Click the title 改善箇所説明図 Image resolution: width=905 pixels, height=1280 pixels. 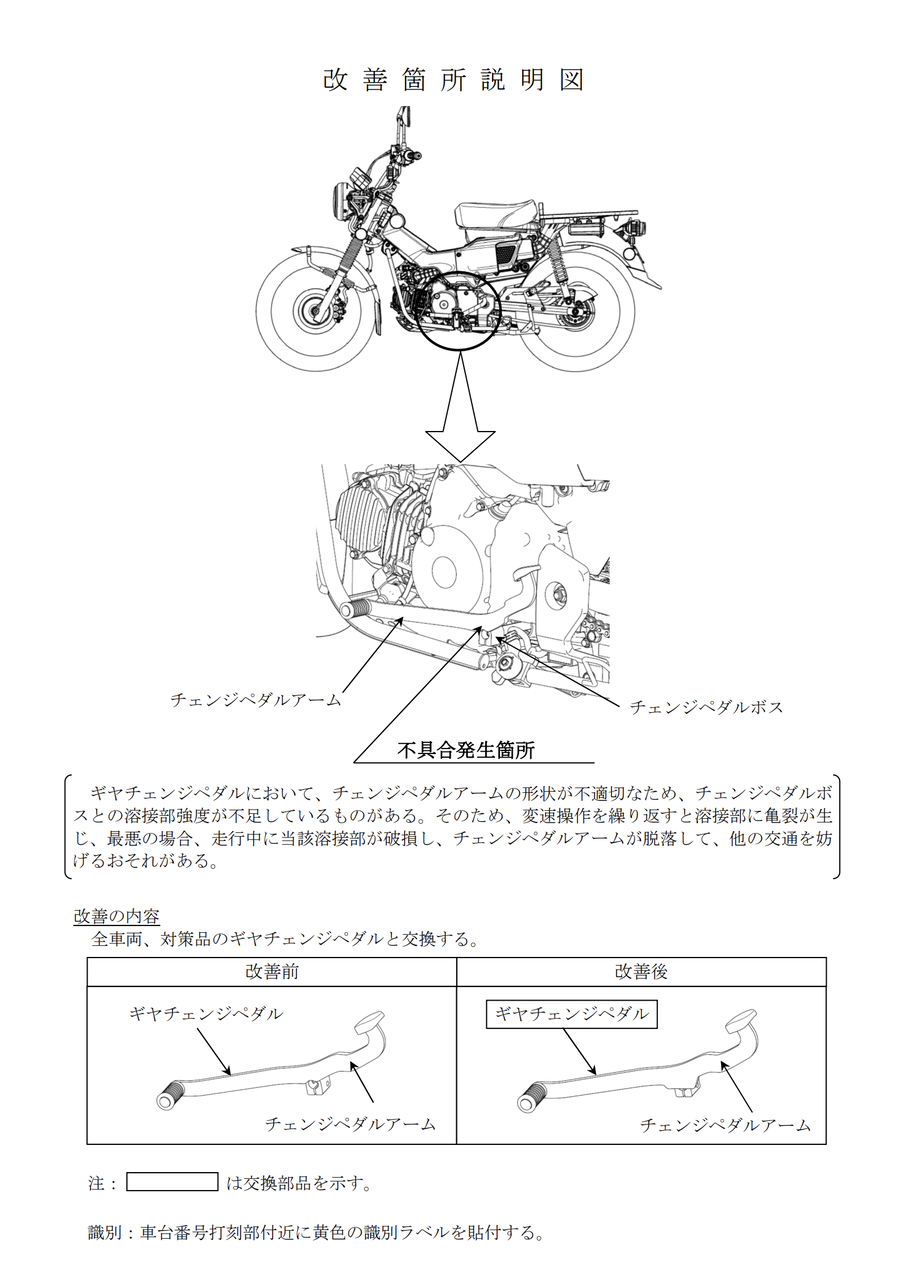[452, 81]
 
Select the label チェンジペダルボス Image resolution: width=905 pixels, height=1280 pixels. [705, 707]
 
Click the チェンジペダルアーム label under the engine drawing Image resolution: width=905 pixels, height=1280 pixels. [255, 700]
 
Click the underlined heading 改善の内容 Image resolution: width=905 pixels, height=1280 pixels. [117, 916]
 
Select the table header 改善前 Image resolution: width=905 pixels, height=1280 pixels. [271, 972]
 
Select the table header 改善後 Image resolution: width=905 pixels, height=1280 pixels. [641, 972]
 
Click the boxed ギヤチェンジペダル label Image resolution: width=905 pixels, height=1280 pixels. [572, 1015]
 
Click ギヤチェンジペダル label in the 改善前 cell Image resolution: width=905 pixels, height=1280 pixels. [206, 1014]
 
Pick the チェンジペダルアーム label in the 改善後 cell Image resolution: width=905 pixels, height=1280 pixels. [725, 1125]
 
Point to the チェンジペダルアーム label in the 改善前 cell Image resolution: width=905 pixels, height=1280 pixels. [350, 1124]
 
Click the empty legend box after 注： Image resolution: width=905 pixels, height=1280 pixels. [172, 1182]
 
